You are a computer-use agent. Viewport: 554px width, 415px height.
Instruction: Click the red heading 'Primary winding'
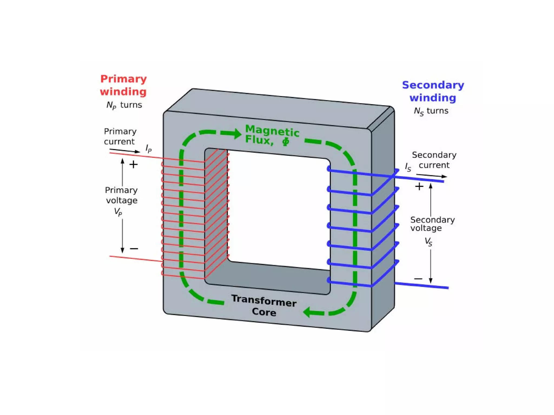pos(123,85)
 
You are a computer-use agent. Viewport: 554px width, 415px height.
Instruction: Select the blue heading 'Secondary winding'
pos(433,91)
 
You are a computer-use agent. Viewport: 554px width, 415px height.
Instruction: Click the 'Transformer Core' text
pos(264,306)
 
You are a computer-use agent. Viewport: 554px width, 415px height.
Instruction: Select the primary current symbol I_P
pos(149,149)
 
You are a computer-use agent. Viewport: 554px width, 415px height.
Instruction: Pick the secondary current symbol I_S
pos(408,167)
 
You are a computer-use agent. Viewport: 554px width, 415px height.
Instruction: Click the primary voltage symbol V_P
pos(118,212)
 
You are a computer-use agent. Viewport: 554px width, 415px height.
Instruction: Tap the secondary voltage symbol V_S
pos(428,241)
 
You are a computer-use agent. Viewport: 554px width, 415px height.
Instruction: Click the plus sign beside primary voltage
pos(133,164)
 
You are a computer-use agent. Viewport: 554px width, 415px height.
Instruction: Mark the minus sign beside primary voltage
pos(134,249)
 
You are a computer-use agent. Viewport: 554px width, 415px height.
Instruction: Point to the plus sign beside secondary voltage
pos(419,186)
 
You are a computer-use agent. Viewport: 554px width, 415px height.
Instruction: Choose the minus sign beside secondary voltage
pos(418,279)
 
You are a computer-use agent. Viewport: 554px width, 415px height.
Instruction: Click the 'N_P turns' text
pos(124,105)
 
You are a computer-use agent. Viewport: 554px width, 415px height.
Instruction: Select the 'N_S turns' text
pos(431,111)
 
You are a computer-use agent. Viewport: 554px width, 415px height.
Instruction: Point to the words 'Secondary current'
pos(434,160)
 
